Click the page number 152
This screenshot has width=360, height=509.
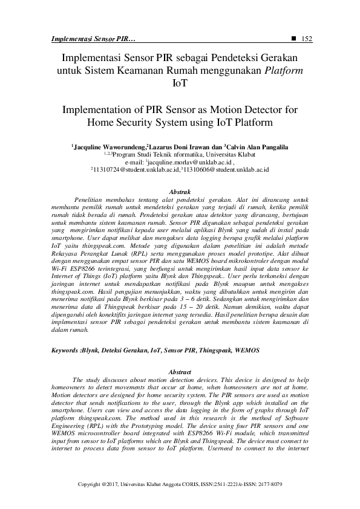click(x=306, y=39)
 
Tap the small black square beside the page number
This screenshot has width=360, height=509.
click(x=293, y=39)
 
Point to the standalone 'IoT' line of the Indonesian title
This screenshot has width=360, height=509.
click(x=179, y=84)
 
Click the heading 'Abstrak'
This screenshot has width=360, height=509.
click(x=179, y=191)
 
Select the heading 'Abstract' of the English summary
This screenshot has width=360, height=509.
click(x=179, y=371)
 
